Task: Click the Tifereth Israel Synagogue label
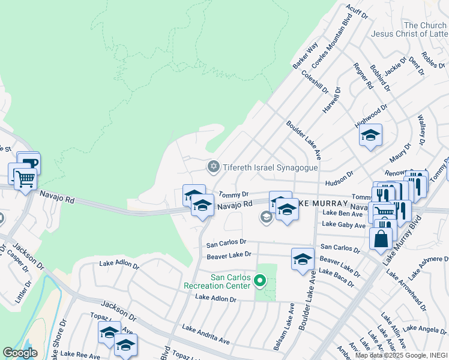[x=267, y=166]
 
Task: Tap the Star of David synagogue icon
[x=212, y=166]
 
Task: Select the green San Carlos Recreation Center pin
[x=259, y=280]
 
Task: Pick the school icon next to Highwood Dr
[x=370, y=135]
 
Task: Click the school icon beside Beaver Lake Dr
[x=303, y=259]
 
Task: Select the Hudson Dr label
[x=337, y=182]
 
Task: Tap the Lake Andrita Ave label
[x=206, y=335]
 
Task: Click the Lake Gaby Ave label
[x=343, y=225]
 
